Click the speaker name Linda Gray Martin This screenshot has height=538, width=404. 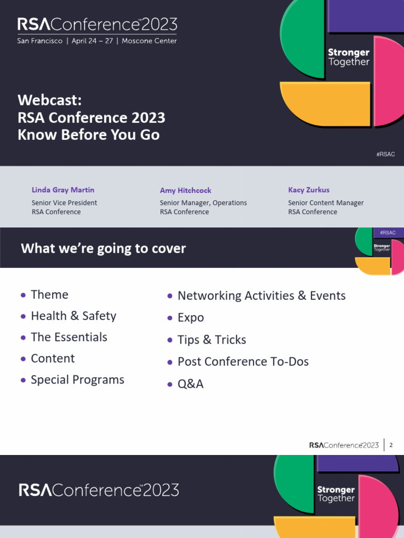[63, 190]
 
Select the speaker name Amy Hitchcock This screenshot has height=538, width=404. [185, 191]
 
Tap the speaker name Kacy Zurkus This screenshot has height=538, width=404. [309, 190]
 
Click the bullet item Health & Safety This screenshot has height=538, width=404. [73, 316]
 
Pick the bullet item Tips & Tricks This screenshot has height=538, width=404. [211, 340]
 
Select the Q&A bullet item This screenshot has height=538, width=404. [190, 384]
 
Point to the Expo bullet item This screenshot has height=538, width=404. [190, 318]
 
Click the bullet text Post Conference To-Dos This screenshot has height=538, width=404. [243, 361]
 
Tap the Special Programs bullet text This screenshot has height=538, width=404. [77, 380]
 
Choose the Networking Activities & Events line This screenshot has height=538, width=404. [261, 296]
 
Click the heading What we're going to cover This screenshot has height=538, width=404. [103, 248]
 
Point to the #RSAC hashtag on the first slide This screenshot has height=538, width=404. [386, 154]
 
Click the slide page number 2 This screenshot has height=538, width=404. [391, 445]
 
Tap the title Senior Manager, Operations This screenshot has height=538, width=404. [203, 203]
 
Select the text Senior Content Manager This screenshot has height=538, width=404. [326, 203]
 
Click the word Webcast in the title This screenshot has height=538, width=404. [49, 100]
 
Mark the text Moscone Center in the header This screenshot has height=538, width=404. [149, 41]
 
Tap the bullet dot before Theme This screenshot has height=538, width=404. [23, 295]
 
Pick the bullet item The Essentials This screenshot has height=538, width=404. [69, 337]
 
